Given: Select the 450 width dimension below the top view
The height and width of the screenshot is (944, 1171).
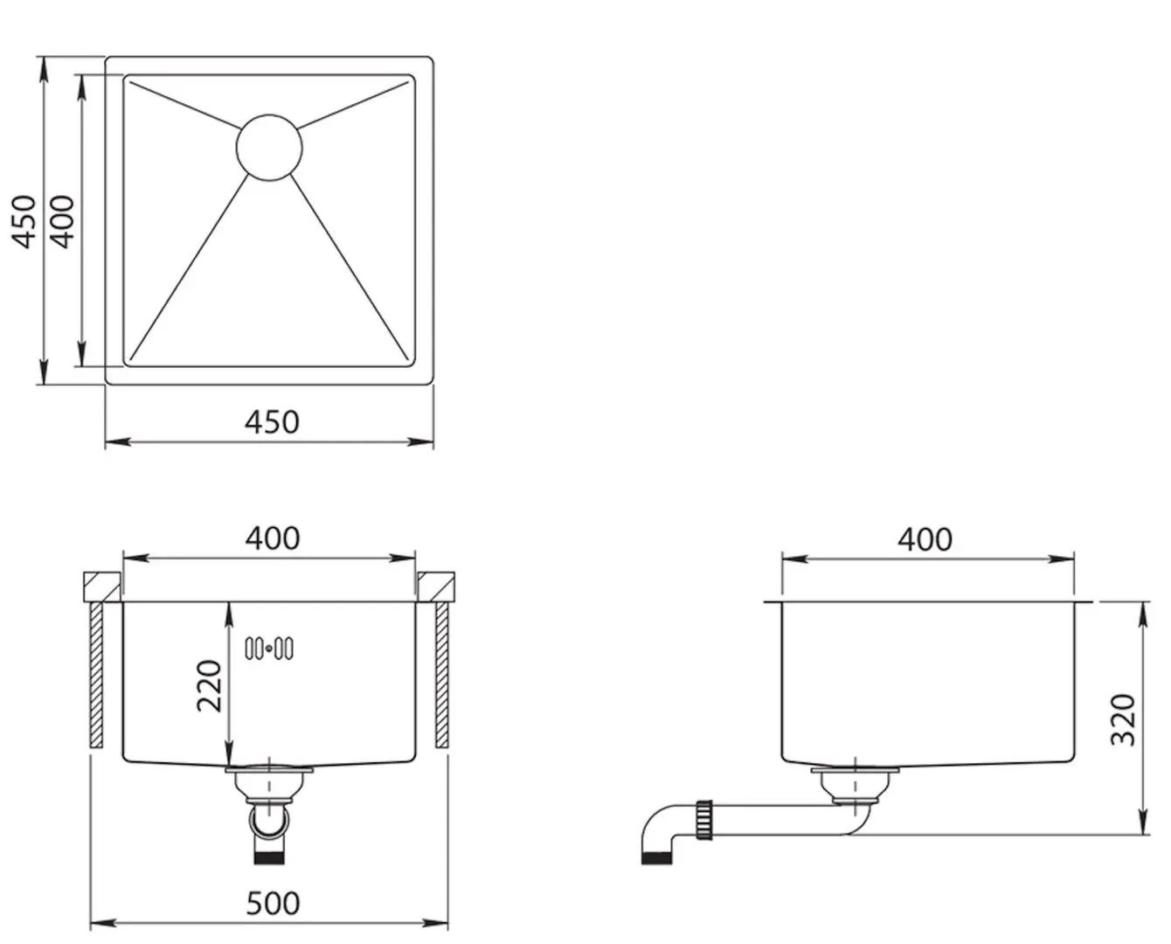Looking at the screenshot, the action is (272, 422).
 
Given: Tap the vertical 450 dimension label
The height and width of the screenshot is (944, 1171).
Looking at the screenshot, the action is (24, 221).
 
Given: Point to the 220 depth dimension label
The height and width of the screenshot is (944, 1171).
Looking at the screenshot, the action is (210, 686).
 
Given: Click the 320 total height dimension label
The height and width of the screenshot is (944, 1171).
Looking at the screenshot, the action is (1123, 719).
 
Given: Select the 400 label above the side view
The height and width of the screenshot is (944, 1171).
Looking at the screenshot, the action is (925, 539).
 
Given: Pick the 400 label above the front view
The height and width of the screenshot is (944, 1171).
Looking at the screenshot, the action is (272, 538).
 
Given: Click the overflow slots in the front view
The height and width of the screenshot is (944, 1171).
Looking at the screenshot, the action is (269, 649).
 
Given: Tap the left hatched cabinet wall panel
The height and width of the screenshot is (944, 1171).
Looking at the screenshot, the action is (96, 675).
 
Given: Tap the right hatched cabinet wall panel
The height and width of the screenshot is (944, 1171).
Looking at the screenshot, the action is (442, 675).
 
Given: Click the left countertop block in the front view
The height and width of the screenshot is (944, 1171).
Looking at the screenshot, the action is (102, 587).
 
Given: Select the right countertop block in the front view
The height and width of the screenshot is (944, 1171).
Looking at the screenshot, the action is (436, 587).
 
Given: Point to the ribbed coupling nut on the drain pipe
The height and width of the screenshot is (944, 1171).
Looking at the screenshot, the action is (703, 820).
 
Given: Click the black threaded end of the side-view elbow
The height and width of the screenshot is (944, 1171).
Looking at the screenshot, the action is (656, 858).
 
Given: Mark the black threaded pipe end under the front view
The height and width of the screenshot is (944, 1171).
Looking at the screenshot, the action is (269, 858).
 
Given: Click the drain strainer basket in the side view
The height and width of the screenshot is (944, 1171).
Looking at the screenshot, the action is (855, 786).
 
